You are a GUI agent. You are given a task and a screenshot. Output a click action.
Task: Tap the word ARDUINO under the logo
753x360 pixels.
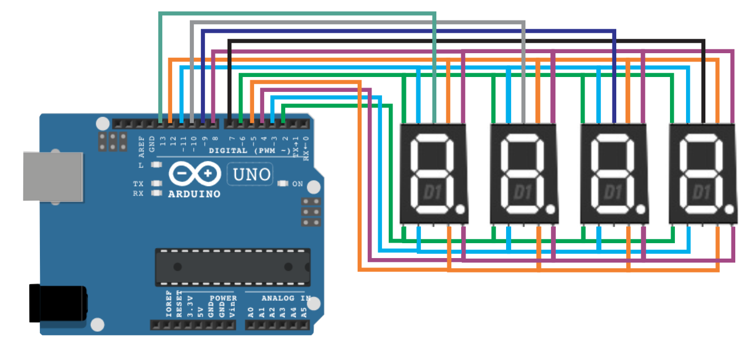point(194,194)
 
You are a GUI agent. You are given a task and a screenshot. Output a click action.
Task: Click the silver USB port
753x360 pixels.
point(53,176)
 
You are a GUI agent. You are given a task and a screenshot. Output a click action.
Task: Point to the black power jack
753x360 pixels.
point(58,303)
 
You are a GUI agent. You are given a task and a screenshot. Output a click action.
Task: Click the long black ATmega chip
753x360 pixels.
point(233,266)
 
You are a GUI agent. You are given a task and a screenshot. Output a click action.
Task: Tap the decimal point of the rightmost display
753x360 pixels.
point(730,210)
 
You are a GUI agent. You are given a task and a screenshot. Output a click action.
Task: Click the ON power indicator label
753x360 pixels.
point(297,184)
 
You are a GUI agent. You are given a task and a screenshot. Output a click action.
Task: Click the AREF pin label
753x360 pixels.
point(141,145)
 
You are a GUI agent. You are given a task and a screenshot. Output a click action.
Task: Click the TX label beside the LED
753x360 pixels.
point(138,183)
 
